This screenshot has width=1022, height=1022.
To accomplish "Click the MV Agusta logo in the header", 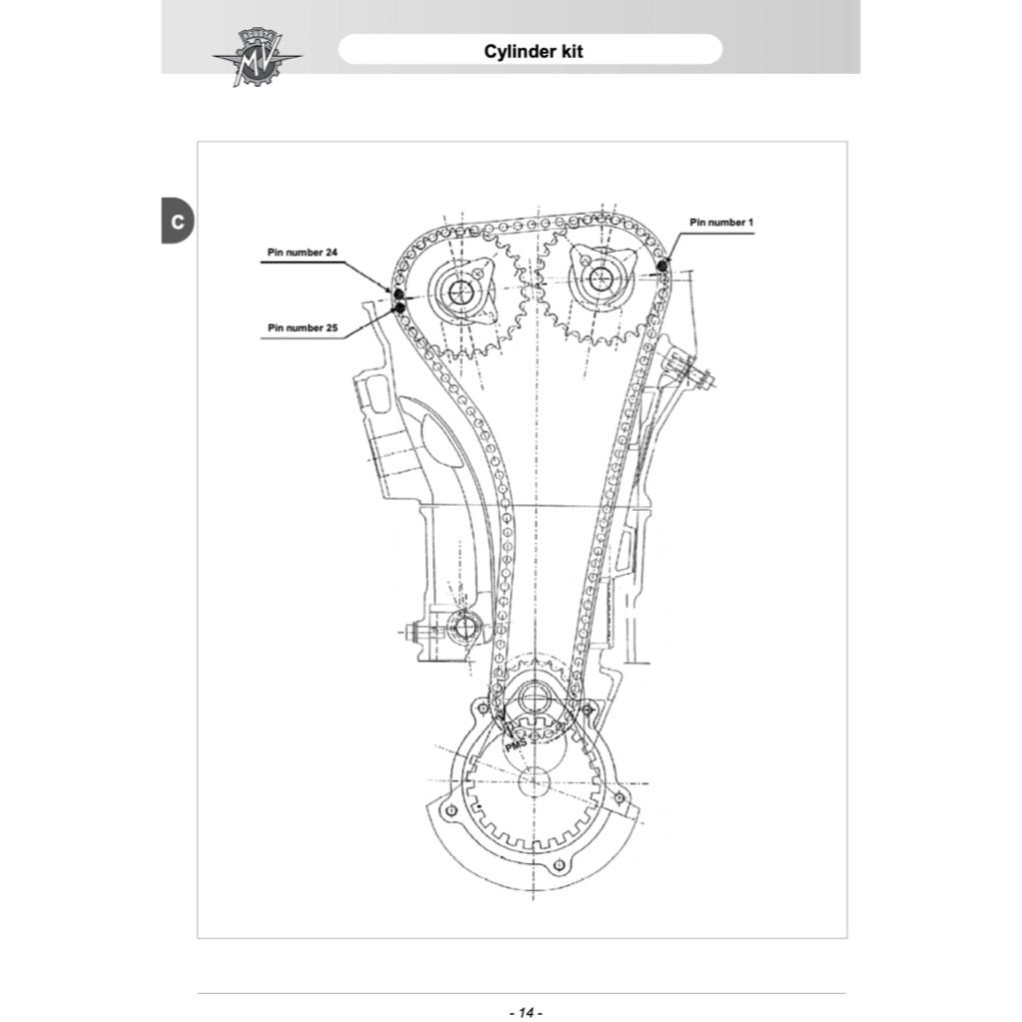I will tap(256, 57).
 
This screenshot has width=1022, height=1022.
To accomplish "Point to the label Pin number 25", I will tap(302, 327).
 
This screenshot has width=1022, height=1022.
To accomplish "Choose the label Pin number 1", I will tap(722, 222).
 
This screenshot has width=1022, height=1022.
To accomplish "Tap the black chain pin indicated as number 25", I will tap(400, 307).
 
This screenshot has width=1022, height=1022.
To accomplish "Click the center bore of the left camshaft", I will tap(461, 291).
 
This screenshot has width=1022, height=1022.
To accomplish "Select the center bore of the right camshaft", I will tap(600, 279).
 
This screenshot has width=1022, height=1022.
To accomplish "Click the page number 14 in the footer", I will tap(525, 1012).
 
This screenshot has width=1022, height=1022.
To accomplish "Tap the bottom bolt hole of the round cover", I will tap(560, 863).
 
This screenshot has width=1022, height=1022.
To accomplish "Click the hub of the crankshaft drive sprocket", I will tap(536, 699).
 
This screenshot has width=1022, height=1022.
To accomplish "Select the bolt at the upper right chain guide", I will tap(696, 375).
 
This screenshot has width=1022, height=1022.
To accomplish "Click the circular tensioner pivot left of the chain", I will tap(462, 628).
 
